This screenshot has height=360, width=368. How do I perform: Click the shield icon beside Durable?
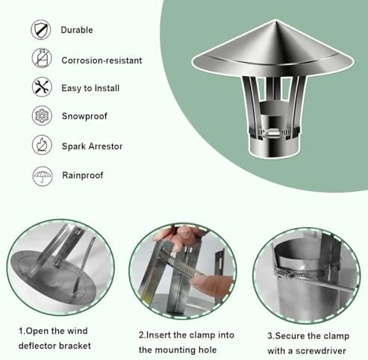[41, 31]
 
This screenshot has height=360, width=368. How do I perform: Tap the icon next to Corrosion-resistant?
[41, 58]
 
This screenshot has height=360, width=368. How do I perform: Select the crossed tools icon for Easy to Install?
[41, 87]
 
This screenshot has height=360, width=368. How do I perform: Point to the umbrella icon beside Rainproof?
[41, 176]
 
